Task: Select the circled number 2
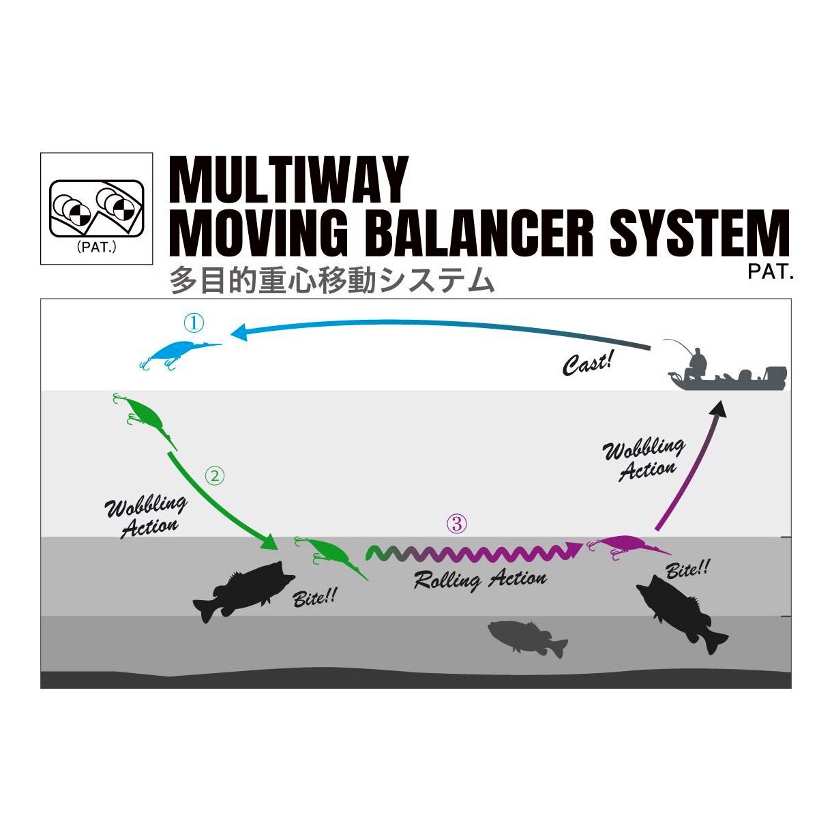(x=214, y=475)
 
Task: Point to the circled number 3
(x=457, y=524)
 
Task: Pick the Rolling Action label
(x=480, y=580)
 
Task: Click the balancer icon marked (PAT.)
(x=96, y=208)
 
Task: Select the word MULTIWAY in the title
(x=288, y=180)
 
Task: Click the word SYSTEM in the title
(x=699, y=233)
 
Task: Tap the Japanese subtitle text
(x=331, y=280)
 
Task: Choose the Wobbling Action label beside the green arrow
(x=146, y=517)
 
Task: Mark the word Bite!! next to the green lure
(x=314, y=598)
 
